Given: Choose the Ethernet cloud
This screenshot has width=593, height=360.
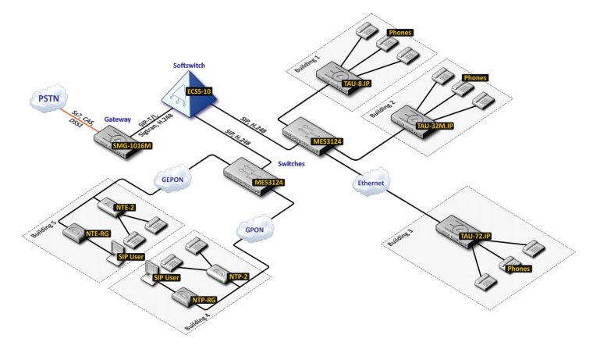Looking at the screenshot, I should [x=371, y=181].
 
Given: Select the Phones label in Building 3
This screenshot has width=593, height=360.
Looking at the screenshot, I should [x=519, y=269].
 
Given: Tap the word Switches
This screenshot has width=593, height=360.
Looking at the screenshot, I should [x=292, y=165].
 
